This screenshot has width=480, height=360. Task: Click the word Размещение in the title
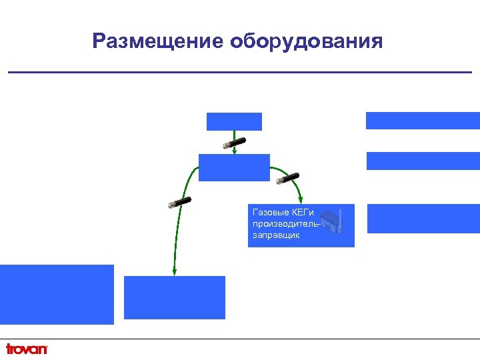[158, 42]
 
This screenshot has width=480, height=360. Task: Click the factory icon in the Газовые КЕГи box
[332, 221]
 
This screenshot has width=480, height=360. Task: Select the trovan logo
[27, 349]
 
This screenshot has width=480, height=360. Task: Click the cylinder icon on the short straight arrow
[235, 142]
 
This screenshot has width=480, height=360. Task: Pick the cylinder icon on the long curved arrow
[180, 202]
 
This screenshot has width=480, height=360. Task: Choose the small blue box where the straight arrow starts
[234, 121]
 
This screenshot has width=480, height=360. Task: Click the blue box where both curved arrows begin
[234, 167]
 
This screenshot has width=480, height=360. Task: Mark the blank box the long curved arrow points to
[175, 297]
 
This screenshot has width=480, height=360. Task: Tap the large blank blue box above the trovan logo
[57, 294]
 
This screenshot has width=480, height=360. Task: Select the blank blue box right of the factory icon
[423, 219]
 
